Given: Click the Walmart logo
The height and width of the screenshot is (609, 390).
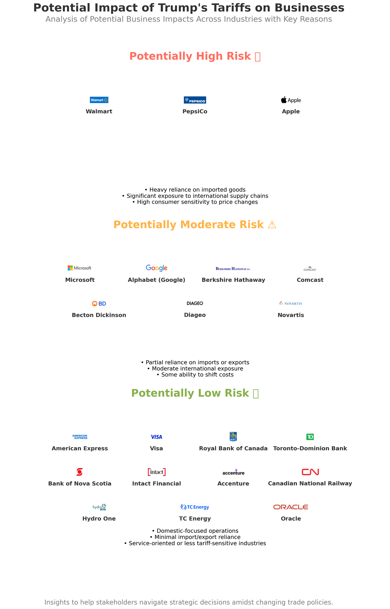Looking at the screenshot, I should click(99, 100).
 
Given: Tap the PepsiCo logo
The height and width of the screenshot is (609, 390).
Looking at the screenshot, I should click(195, 100).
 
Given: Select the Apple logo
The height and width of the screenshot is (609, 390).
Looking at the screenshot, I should click(291, 100).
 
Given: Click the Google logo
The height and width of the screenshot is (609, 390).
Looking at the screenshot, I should click(156, 268).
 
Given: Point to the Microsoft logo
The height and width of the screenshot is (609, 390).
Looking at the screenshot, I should click(80, 268).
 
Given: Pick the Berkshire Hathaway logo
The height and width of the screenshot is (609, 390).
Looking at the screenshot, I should click(233, 269).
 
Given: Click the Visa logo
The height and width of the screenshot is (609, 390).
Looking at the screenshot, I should click(156, 437).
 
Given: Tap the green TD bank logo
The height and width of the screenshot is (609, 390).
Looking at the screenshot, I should click(310, 437).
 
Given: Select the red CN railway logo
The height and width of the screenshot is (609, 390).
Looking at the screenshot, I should click(310, 472).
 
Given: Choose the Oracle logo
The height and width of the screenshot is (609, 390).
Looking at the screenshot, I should click(291, 507).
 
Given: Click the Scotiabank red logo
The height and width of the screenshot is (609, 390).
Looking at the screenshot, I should click(80, 472).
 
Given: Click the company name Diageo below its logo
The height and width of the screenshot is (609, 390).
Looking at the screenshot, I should click(195, 315).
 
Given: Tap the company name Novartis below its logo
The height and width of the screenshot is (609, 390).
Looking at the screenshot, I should click(291, 315).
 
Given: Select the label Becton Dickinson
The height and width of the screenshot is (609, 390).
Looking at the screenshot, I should click(99, 315).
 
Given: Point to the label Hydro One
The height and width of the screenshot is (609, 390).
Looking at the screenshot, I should click(99, 519).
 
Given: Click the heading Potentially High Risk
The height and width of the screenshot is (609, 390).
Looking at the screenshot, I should click(190, 56).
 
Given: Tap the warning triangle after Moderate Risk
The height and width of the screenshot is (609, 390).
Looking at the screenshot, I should click(272, 225).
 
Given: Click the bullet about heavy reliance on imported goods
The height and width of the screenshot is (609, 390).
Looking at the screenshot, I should click(195, 190).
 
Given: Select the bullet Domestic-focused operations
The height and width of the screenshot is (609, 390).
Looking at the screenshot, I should click(195, 531).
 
